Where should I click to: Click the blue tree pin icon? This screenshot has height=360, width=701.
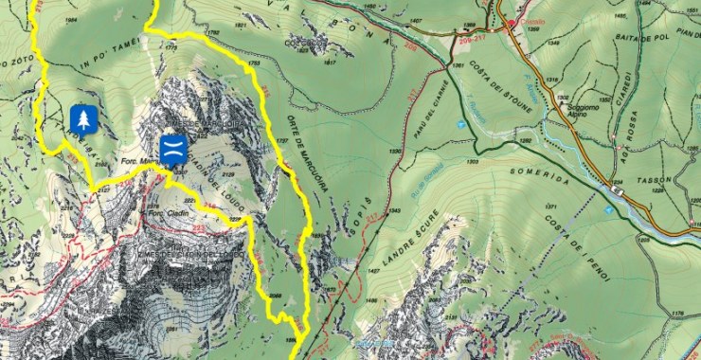[84, 119]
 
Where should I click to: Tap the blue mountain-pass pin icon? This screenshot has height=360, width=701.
[172, 148]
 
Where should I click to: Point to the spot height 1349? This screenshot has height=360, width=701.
[394, 211]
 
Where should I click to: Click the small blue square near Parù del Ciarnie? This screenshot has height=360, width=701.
[460, 124]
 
